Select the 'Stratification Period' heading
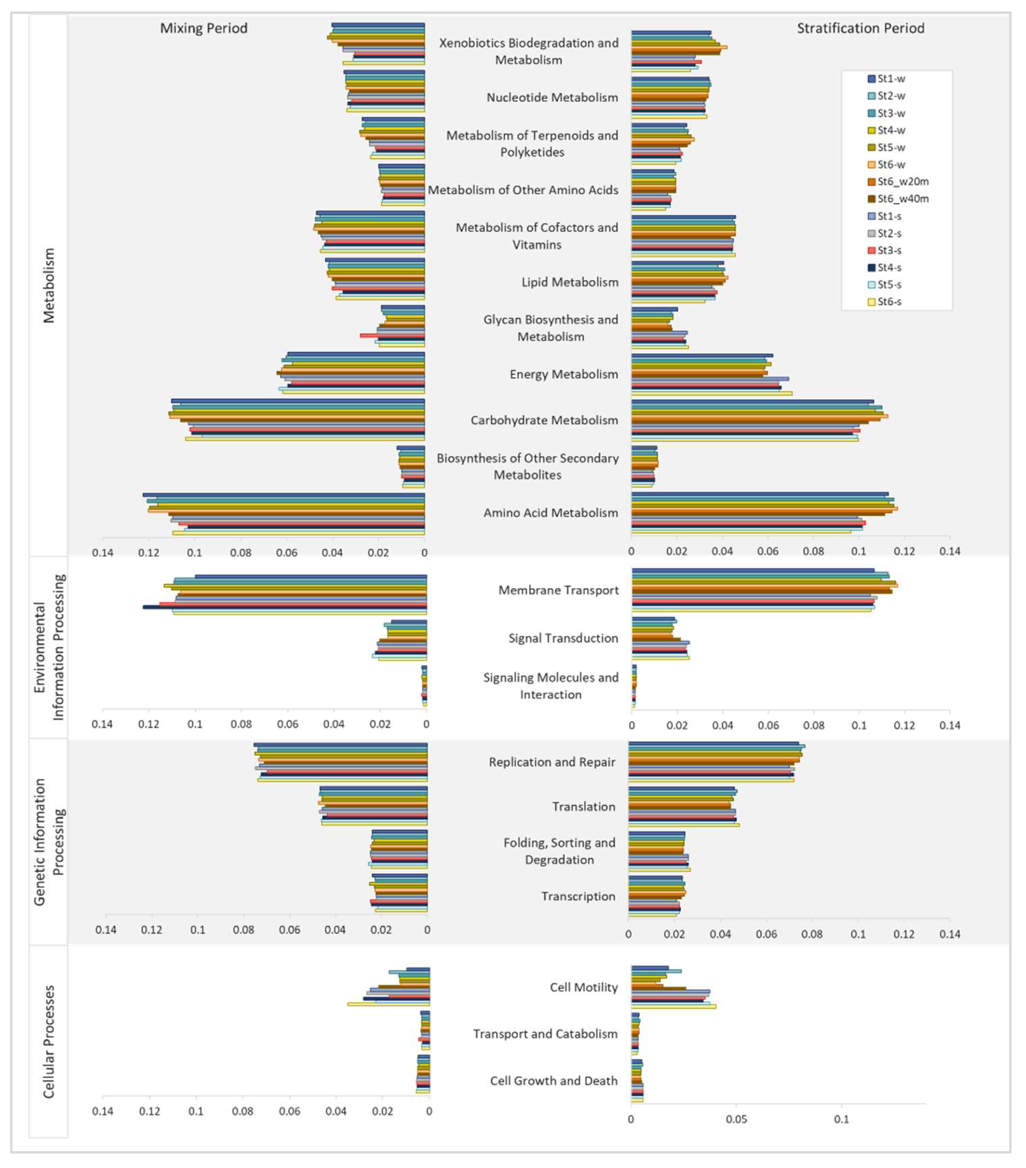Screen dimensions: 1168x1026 [x=860, y=29]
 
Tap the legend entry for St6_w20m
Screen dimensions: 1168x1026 [x=903, y=182]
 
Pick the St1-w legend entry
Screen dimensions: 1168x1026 [x=891, y=79]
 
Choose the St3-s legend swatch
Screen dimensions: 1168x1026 [x=872, y=250]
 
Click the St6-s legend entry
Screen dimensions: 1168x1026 [x=889, y=302]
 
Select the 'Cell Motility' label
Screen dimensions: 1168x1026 [x=583, y=987]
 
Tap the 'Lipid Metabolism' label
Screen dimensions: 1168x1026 [x=570, y=282]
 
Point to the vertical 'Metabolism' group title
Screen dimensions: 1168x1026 [x=49, y=286]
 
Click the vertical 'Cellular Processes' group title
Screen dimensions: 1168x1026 [x=49, y=1041]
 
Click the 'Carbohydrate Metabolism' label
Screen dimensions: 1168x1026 [x=544, y=420]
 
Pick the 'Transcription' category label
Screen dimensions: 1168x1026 [x=578, y=896]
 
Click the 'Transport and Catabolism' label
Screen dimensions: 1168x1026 [x=545, y=1034]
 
